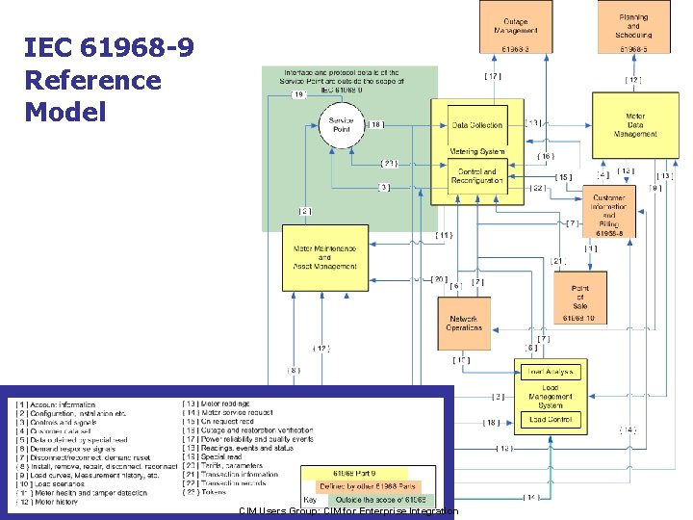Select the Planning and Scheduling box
click(633, 28)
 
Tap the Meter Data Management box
click(635, 125)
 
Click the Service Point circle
click(341, 126)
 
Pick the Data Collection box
click(477, 125)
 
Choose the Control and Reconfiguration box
click(477, 176)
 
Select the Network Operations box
click(464, 323)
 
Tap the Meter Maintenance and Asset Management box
click(325, 257)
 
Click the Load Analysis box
click(551, 371)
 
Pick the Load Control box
click(551, 420)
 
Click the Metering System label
click(477, 151)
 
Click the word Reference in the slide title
click(93, 80)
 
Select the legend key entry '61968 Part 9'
click(355, 474)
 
